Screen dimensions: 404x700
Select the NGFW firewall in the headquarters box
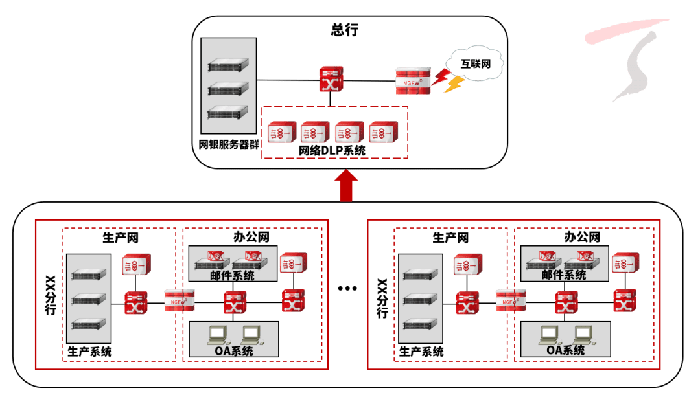coord(413,81)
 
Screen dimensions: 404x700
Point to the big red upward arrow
coord(347,185)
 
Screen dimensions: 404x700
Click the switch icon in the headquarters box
coord(331,80)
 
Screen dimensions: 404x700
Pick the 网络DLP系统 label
coord(332,150)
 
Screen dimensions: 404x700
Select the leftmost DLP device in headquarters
coord(281,133)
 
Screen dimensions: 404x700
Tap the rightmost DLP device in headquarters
coord(382,133)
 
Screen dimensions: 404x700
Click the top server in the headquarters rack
coord(228,66)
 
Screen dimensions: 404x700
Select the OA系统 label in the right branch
coord(565,350)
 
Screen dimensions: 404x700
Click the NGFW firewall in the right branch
coord(509,300)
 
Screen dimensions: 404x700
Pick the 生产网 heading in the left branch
coord(121,238)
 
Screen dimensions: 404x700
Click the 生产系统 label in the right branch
coord(421,352)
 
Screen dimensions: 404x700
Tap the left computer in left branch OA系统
coord(216,334)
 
